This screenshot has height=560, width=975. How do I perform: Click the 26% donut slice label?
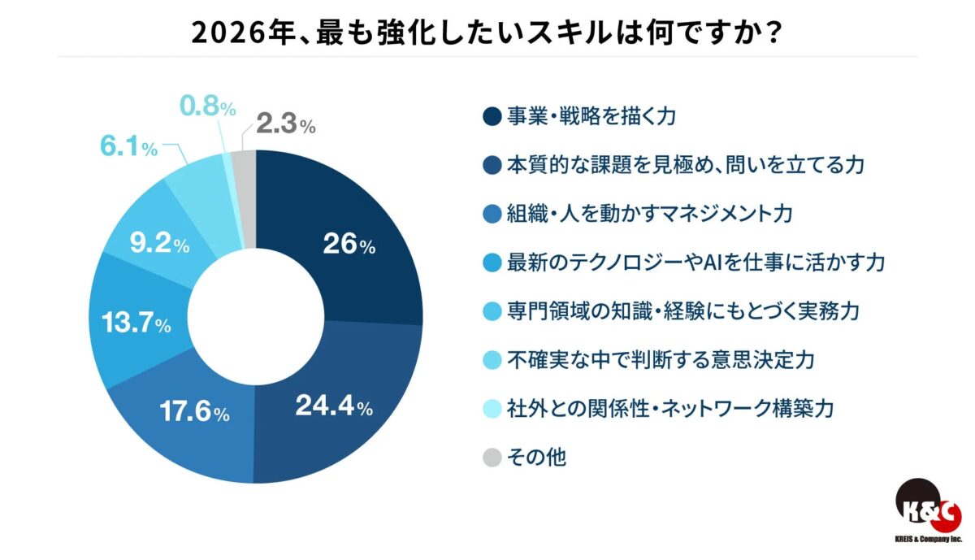(x=349, y=245)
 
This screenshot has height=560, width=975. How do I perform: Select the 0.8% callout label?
(x=207, y=106)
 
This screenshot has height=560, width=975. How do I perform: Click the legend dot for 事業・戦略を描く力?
(x=489, y=115)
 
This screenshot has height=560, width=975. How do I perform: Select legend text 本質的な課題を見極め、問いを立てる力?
(x=683, y=164)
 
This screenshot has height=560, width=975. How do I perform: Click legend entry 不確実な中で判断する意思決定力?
(x=660, y=359)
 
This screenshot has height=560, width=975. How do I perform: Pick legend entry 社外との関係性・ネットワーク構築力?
(x=670, y=408)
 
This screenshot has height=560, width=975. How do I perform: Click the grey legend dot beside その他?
(x=489, y=457)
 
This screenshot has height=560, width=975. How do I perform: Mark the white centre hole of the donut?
(x=256, y=317)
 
